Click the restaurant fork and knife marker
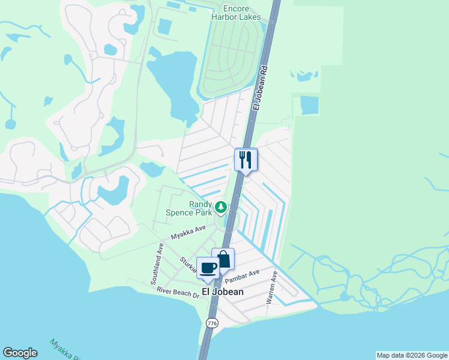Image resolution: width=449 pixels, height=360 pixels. click(246, 160)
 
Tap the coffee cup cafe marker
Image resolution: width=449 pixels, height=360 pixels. click(208, 268)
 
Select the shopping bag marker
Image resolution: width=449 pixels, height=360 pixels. click(223, 259)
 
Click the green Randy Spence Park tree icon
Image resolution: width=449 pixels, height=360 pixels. click(221, 207)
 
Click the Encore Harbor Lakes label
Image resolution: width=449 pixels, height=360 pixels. click(236, 13)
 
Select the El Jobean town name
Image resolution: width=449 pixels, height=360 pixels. click(223, 292)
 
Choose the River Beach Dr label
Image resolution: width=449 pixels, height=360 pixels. click(178, 292)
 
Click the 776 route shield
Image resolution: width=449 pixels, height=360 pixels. click(211, 323)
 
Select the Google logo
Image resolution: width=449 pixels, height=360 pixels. click(20, 353)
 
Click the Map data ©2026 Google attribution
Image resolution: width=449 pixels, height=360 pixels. click(412, 355)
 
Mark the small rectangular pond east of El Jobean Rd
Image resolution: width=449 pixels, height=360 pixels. click(310, 105)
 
